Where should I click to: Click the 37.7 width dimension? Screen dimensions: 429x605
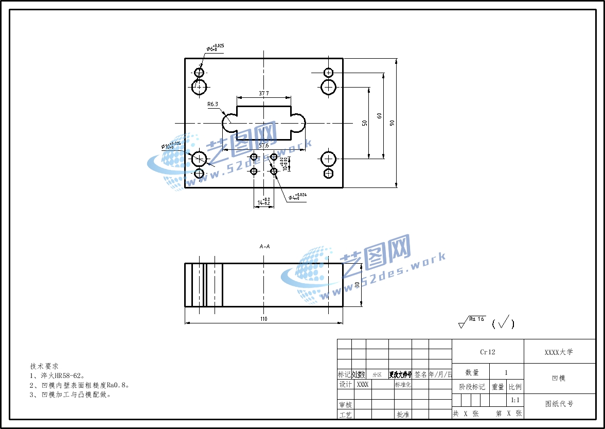264,93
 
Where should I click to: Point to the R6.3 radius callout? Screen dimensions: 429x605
212,104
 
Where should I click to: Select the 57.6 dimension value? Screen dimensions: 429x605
264,146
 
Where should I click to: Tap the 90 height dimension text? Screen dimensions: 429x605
392,123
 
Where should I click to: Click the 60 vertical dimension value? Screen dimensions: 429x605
380,116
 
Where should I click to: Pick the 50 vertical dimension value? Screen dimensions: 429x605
365,123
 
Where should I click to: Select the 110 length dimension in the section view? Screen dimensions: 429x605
264,319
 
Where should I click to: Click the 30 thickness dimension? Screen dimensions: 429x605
357,285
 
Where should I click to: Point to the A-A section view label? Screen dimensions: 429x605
264,246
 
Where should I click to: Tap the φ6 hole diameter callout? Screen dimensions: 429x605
215,48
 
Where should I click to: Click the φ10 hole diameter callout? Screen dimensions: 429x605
171,146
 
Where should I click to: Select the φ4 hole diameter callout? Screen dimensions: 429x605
297,197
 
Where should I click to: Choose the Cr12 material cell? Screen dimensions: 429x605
487,352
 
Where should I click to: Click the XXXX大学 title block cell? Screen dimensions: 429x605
559,352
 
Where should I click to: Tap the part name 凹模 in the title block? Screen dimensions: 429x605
559,379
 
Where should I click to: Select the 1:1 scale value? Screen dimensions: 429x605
514,400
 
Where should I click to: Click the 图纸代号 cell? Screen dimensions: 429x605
559,404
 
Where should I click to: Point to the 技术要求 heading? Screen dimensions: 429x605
44,366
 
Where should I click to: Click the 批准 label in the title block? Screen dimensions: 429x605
403,414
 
